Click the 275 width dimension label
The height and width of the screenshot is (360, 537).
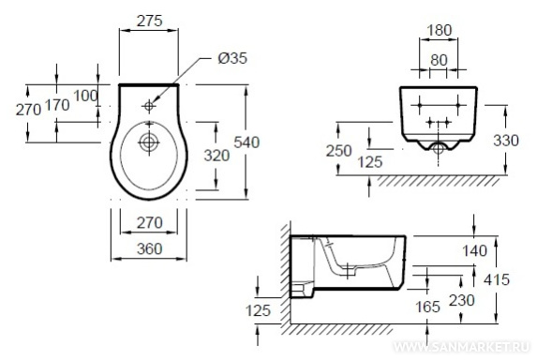pyautogui.click(x=150, y=22)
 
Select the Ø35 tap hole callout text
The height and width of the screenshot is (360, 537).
pyautogui.click(x=232, y=58)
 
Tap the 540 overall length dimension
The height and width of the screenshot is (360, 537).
pyautogui.click(x=246, y=142)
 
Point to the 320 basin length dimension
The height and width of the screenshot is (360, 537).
pyautogui.click(x=216, y=156)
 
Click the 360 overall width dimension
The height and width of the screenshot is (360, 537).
pyautogui.click(x=150, y=249)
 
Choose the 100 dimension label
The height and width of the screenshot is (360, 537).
pyautogui.click(x=85, y=96)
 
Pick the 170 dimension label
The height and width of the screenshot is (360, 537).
pyautogui.click(x=57, y=105)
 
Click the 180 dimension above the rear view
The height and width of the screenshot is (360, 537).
pyautogui.click(x=440, y=31)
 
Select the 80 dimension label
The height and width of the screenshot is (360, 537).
pyautogui.click(x=439, y=61)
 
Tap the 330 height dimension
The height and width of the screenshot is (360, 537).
pyautogui.click(x=506, y=141)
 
